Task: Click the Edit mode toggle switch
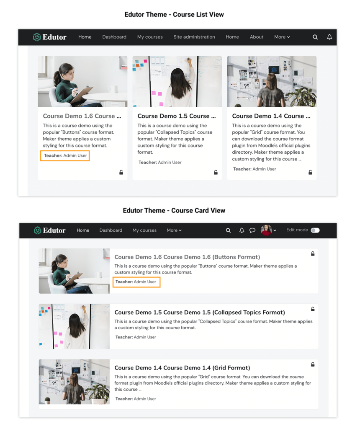pos(315,230)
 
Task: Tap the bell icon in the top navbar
pos(329,37)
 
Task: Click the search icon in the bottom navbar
pos(228,230)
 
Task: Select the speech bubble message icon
pos(252,230)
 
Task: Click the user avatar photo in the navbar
pos(266,230)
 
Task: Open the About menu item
pos(257,37)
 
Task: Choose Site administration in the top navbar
pos(194,37)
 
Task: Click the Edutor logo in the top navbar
pos(49,37)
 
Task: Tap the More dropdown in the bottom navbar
pos(174,230)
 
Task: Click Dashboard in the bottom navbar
pos(111,230)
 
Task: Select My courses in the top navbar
pos(150,37)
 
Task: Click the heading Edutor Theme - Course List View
pos(174,15)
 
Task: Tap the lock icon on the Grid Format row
pos(313,364)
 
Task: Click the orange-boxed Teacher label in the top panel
pos(65,156)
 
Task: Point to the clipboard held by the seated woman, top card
pos(82,94)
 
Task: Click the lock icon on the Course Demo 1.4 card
pos(310,172)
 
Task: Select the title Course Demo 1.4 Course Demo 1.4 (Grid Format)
pos(182,368)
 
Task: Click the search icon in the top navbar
pos(315,37)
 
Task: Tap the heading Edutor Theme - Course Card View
pos(174,210)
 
